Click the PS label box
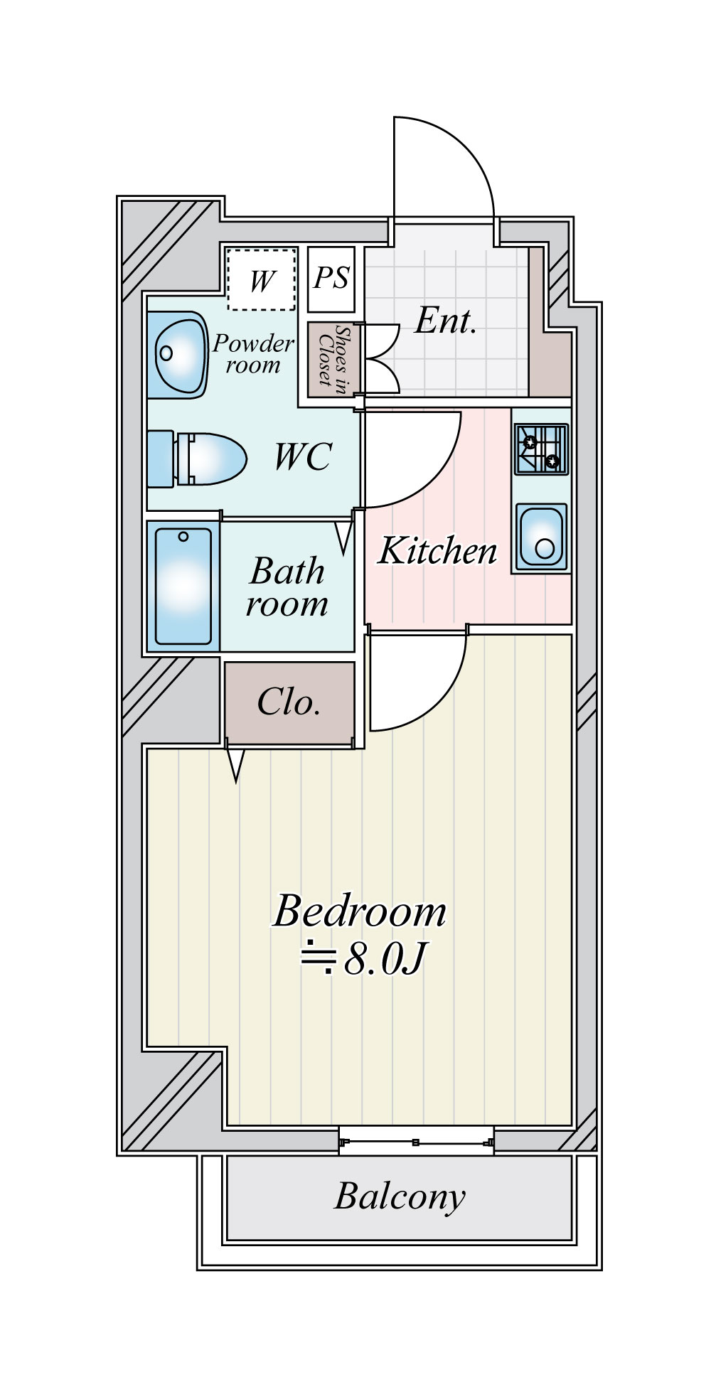pyautogui.click(x=331, y=279)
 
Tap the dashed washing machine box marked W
pyautogui.click(x=261, y=279)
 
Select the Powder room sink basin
pyautogui.click(x=178, y=354)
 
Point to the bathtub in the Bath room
pyautogui.click(x=183, y=586)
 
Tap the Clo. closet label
pyautogui.click(x=289, y=702)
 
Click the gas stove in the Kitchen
pyautogui.click(x=541, y=449)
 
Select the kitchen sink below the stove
pyautogui.click(x=542, y=537)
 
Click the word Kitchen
pyautogui.click(x=437, y=551)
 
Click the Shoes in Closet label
pyautogui.click(x=333, y=359)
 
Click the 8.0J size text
pyautogui.click(x=384, y=959)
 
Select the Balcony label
pyautogui.click(x=400, y=1196)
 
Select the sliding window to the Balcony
pyautogui.click(x=416, y=1142)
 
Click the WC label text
pyautogui.click(x=303, y=456)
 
